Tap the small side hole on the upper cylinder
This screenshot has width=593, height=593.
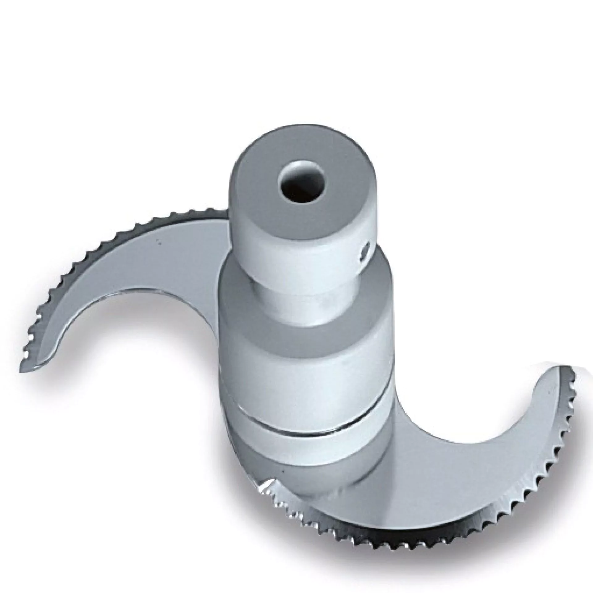click(x=367, y=248)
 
